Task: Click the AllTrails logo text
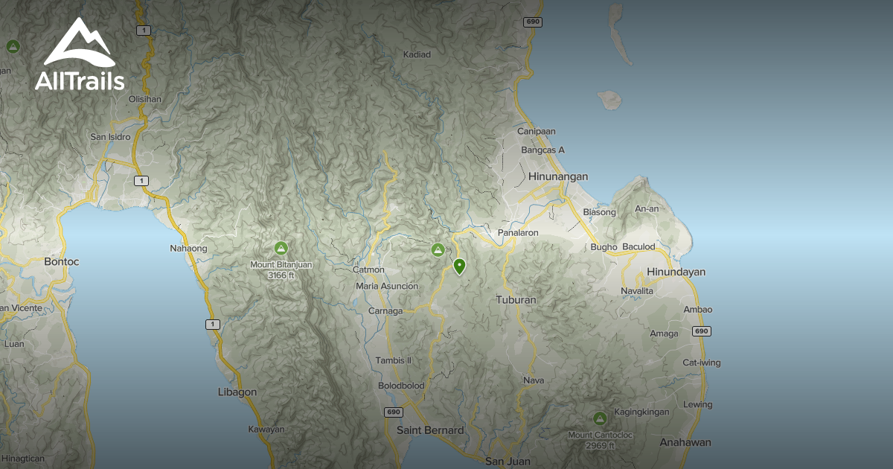[80, 81]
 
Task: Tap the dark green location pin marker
[459, 266]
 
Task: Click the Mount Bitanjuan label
[281, 264]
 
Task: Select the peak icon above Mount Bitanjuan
[281, 248]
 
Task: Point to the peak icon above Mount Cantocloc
[599, 418]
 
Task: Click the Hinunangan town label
[558, 176]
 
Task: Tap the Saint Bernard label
[430, 430]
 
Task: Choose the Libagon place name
[237, 392]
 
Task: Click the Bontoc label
[62, 261]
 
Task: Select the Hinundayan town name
[676, 272]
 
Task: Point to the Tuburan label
[516, 300]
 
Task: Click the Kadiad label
[417, 54]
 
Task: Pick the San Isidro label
[110, 137]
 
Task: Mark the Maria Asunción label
[387, 286]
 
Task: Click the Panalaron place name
[518, 233]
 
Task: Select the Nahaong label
[189, 249]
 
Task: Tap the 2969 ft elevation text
[600, 446]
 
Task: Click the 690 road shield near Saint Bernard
[394, 412]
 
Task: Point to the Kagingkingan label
[641, 412]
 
